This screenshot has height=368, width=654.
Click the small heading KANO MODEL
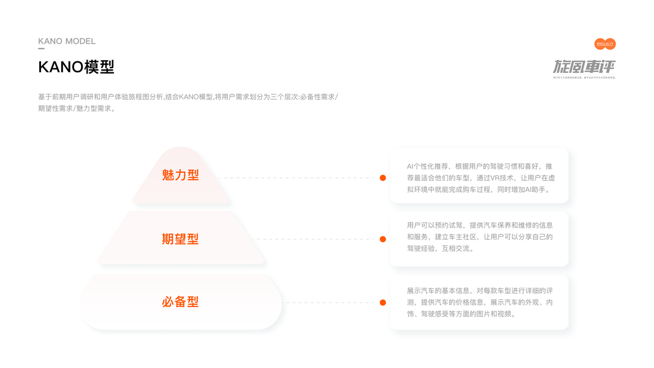point(67,41)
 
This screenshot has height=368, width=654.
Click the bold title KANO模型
point(76,67)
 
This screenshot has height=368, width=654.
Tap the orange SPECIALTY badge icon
point(605,44)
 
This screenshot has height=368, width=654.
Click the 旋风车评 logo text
point(584,66)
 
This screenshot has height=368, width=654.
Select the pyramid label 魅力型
point(180,175)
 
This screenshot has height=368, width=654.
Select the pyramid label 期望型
point(180,239)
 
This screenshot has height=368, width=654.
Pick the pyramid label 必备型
point(180,302)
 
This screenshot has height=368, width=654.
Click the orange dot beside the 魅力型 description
point(382,178)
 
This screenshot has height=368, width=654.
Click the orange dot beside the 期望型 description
point(382,239)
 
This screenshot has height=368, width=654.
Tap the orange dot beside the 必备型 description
point(382,302)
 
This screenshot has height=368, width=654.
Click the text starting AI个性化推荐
point(480,178)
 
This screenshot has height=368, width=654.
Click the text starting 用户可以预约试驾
point(480,237)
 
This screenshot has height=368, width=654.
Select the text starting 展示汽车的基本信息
point(480,302)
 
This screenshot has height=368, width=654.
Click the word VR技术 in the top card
point(501,178)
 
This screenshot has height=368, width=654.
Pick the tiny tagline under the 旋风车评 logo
point(584,77)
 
